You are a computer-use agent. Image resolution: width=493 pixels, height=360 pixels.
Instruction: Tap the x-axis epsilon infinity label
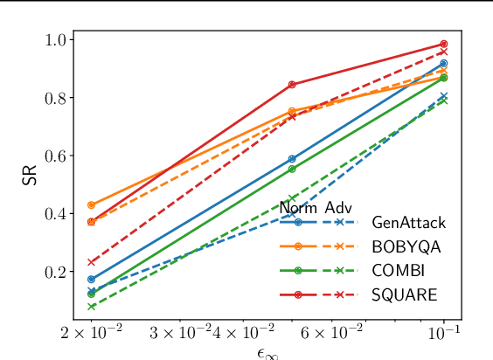[x=267, y=351]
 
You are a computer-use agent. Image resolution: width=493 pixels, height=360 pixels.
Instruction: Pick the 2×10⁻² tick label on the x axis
[x=91, y=333]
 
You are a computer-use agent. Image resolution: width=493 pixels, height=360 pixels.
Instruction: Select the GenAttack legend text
[x=408, y=223]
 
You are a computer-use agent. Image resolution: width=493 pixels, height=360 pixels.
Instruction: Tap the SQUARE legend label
[x=404, y=294]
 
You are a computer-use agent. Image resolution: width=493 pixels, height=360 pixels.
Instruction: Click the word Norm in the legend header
[x=298, y=208]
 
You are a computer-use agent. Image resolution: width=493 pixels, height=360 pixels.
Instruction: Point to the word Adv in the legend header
[x=338, y=208]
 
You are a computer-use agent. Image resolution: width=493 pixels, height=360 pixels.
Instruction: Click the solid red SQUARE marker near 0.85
[x=292, y=85]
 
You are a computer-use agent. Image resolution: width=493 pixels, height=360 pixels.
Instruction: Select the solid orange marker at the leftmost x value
[x=92, y=205]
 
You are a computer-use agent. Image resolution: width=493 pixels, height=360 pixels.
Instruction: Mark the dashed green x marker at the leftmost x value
[x=92, y=307]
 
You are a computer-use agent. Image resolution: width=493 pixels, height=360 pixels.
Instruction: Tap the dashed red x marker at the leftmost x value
[x=92, y=262]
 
